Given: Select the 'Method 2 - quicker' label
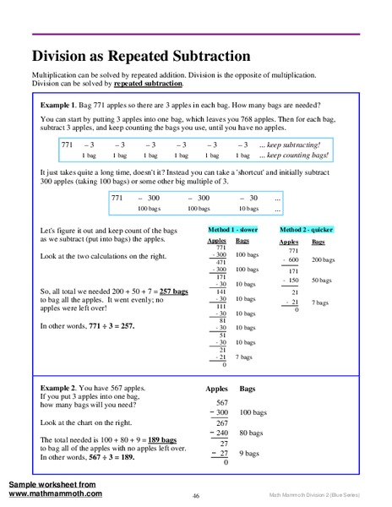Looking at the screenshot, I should pos(306,229).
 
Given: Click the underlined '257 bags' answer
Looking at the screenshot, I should pos(171,291).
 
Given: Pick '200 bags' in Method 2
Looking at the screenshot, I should pos(323,260).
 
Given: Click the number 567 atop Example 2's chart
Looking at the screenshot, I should pos(223,403).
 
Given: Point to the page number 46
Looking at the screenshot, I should pos(195,495).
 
